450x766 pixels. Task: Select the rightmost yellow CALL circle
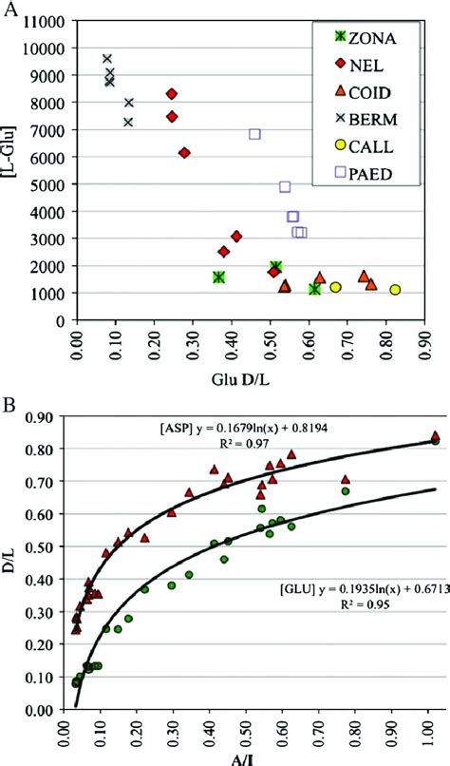click(395, 290)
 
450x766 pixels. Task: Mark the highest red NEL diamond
click(172, 94)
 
